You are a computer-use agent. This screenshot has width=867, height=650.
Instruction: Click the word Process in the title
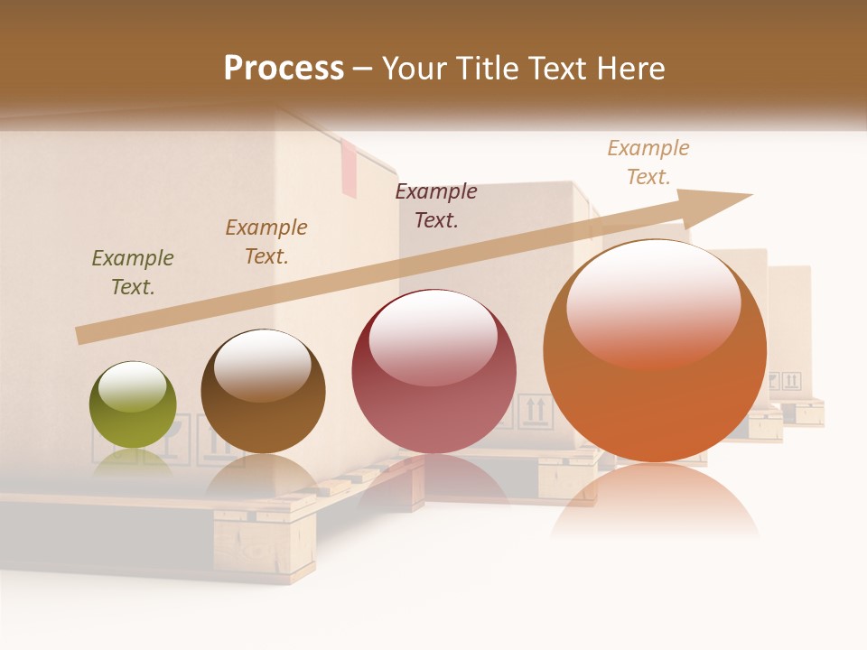(x=284, y=69)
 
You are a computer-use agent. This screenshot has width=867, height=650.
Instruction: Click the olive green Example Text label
(x=133, y=273)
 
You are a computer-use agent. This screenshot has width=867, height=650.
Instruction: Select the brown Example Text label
(x=266, y=242)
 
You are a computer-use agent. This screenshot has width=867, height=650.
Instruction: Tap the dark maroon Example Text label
(x=436, y=206)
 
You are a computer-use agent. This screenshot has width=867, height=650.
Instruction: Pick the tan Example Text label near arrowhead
(x=648, y=162)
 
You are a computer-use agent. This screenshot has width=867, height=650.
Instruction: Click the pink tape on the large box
(x=349, y=172)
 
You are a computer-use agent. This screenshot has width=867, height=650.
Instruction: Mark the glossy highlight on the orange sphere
(x=653, y=302)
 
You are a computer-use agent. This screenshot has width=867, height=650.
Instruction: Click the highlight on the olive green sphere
(x=133, y=386)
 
